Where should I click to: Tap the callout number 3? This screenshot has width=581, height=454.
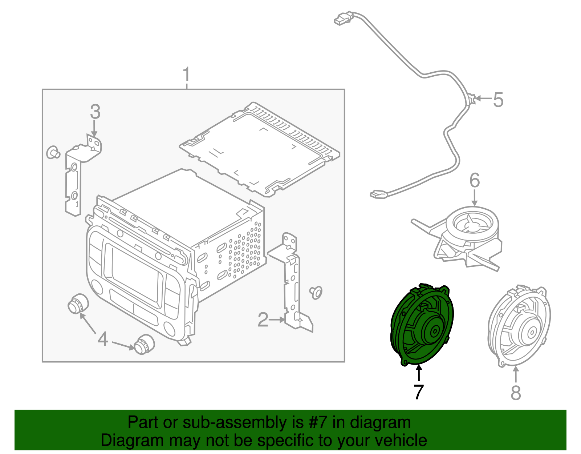[95, 112]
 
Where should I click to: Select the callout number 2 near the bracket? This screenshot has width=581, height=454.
[263, 320]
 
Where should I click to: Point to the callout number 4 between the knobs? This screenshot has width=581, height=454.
[103, 339]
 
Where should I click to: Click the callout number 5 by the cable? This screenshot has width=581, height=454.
[498, 100]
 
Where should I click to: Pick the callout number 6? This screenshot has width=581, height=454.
[475, 181]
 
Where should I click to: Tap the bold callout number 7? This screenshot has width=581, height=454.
[419, 392]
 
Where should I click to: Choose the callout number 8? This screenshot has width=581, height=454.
[516, 393]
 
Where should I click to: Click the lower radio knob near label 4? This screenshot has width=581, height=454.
[144, 343]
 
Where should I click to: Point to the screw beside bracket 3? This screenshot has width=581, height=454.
[53, 152]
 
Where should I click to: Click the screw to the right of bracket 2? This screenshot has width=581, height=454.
[316, 292]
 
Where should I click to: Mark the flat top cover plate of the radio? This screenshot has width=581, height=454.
[260, 149]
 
